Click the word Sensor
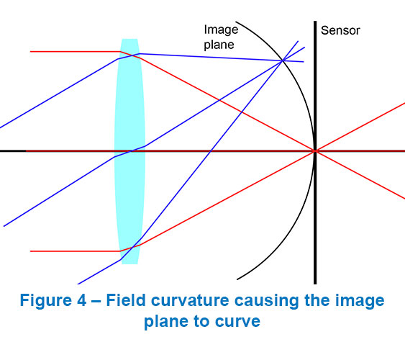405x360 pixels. (340, 30)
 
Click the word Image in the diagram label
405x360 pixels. (221, 30)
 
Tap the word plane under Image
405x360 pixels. (219, 45)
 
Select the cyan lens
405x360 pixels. (129, 151)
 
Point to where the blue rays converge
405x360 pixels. (283, 60)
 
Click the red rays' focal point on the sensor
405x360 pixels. (315, 150)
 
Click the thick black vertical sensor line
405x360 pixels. (315, 153)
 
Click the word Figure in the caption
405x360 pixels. (46, 300)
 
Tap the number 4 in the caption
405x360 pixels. (81, 300)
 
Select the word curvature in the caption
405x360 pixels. (190, 300)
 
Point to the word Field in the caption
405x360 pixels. (126, 300)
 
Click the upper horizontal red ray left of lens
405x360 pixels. (75, 52)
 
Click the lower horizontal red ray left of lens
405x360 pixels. (75, 251)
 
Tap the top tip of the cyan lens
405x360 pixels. (129, 39)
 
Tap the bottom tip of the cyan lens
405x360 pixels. (129, 264)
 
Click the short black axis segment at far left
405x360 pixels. (13, 150)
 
